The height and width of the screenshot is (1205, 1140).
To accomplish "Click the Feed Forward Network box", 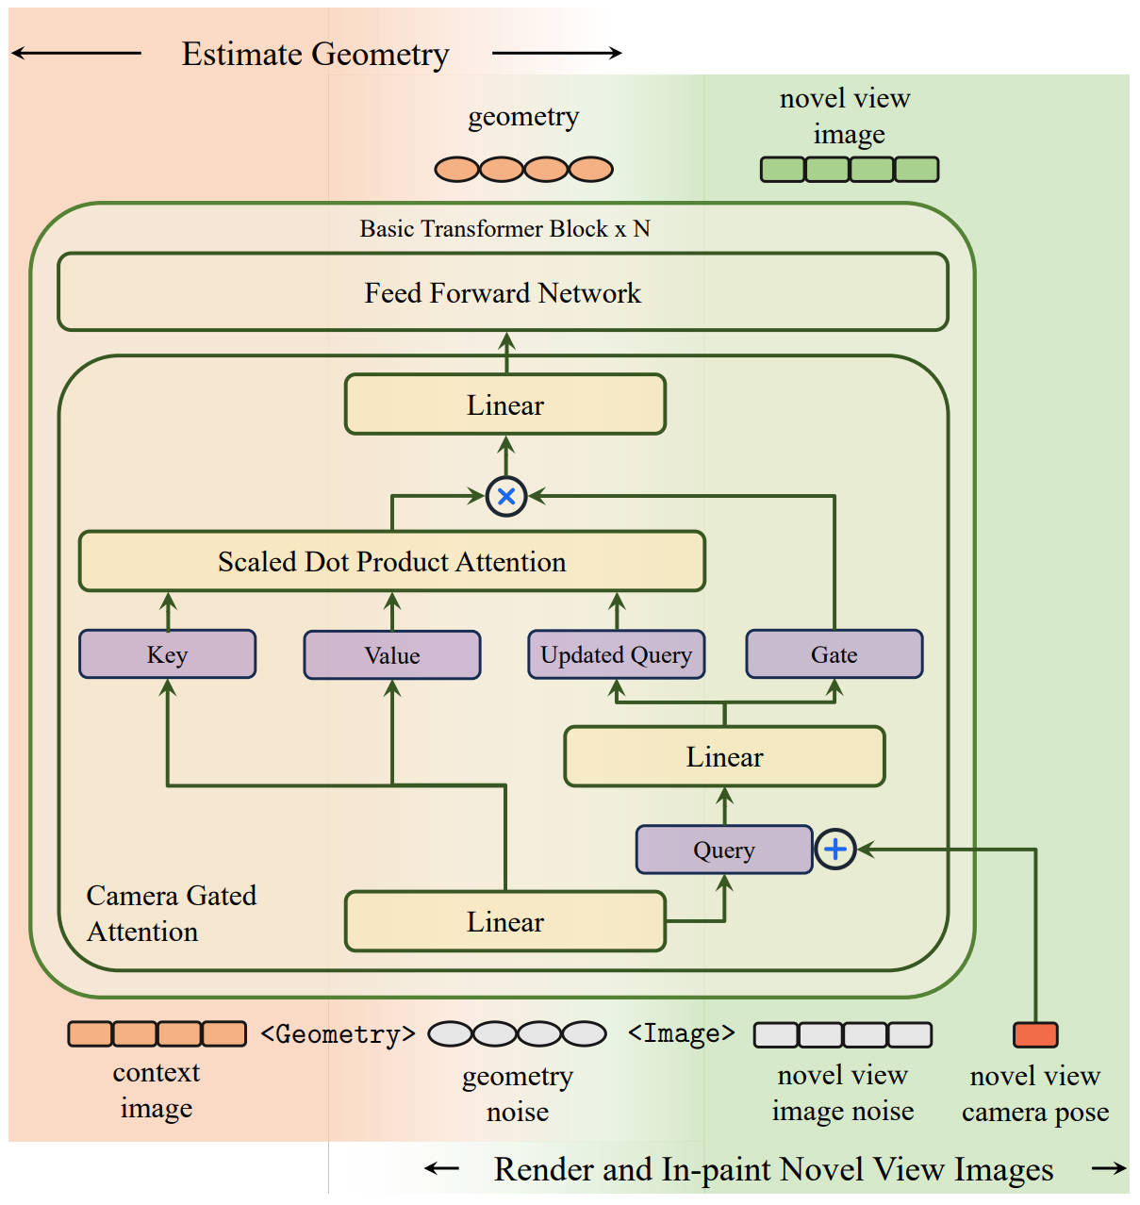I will [503, 292].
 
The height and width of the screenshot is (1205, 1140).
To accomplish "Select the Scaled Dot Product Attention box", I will [392, 562].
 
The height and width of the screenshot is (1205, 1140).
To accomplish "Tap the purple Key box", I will [168, 654].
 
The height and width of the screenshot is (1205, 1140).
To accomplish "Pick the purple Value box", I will [392, 655].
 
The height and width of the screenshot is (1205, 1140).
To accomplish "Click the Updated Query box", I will [617, 654].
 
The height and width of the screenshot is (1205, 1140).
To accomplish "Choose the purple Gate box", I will [834, 654].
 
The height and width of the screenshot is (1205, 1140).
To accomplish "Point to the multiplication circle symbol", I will [506, 496].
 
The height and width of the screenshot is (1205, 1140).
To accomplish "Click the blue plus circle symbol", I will [835, 850].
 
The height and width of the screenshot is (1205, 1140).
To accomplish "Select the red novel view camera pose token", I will [1035, 1034].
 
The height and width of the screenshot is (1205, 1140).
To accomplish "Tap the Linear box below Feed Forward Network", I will [505, 404].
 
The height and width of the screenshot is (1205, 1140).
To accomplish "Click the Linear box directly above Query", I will [724, 756].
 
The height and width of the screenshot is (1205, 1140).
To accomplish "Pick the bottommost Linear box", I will [505, 921].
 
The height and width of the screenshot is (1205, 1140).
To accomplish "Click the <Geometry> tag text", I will [338, 1034].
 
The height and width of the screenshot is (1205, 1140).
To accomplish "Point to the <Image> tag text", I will [681, 1033].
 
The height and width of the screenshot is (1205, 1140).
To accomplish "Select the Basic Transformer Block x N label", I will [504, 229].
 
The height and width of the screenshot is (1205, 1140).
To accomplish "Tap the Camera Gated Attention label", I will [171, 913].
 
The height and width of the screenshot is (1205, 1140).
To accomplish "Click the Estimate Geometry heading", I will [315, 55].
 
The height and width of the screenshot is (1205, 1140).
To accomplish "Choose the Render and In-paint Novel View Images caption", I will [773, 1169].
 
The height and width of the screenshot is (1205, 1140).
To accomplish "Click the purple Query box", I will [724, 850].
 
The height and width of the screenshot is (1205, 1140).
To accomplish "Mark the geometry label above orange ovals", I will [523, 117].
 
